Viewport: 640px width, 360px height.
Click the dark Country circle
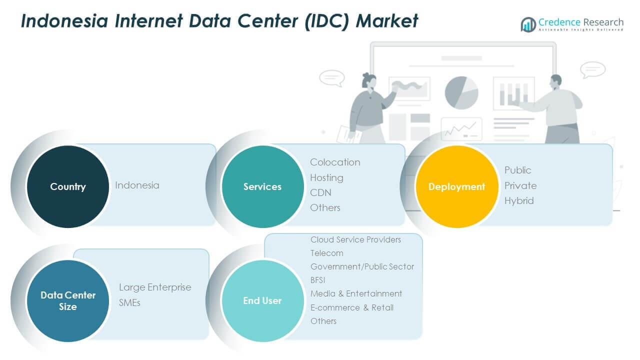click(x=67, y=186)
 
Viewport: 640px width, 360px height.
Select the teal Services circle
click(x=262, y=186)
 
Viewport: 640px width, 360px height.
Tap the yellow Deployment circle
click(x=456, y=186)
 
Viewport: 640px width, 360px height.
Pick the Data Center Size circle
click(x=67, y=300)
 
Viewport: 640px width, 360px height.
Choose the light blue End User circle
click(x=262, y=300)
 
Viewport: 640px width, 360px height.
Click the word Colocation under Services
click(x=335, y=162)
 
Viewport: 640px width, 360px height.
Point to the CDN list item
click(x=320, y=192)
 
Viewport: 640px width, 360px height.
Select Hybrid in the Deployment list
click(x=519, y=200)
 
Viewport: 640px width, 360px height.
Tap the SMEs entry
click(x=129, y=302)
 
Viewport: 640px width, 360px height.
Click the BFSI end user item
click(x=318, y=280)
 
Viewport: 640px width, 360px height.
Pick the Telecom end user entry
click(x=326, y=253)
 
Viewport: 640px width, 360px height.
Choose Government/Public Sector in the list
click(x=362, y=266)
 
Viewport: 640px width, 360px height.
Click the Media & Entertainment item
click(x=356, y=293)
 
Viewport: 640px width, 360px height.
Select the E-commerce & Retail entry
click(x=351, y=307)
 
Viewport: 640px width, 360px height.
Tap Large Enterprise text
click(x=155, y=287)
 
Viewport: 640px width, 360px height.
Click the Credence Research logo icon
click(x=528, y=24)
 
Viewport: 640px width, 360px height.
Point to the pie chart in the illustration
click(x=461, y=92)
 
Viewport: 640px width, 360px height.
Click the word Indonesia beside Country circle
click(x=137, y=185)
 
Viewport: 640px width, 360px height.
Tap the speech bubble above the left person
click(x=331, y=78)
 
